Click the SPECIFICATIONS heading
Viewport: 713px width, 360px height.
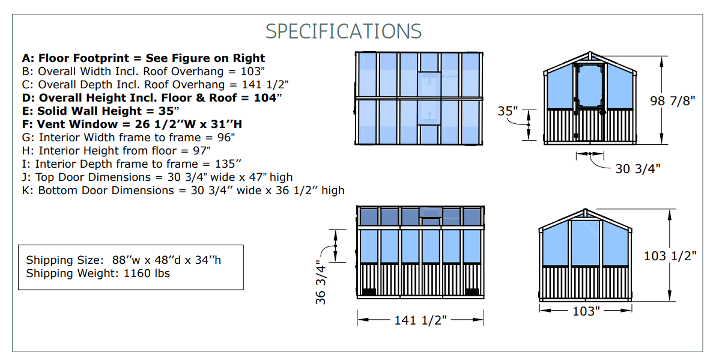344,31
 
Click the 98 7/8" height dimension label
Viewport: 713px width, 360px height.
673,100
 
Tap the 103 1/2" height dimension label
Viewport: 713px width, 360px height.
670,256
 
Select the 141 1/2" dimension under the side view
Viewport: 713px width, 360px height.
420,320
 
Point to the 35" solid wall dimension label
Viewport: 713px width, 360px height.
508,111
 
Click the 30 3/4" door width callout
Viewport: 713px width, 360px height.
637,169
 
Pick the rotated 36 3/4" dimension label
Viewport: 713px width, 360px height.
321,282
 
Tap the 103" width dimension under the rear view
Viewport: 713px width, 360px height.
586,311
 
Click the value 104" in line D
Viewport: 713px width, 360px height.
268,98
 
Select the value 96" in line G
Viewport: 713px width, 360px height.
225,138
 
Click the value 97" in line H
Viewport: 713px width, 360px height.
201,151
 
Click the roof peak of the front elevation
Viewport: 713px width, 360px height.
590,52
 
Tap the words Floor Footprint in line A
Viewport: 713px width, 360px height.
83,58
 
